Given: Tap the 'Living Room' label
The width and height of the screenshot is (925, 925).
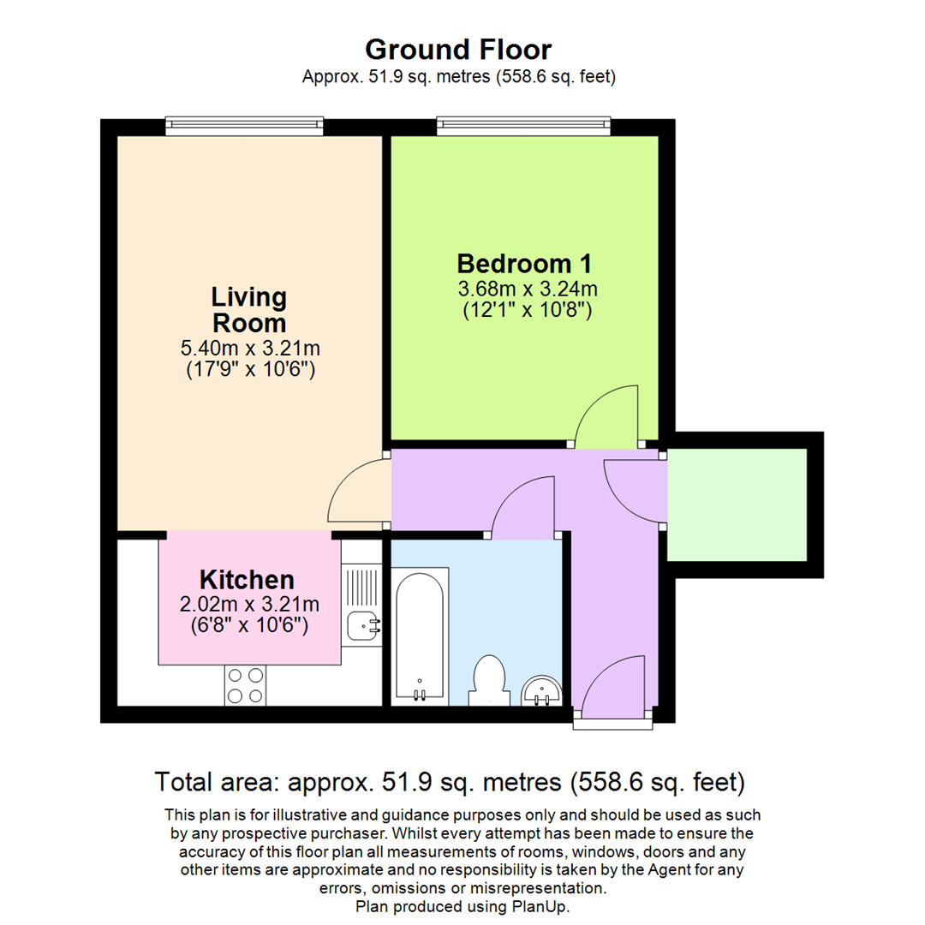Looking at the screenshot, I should tap(248, 311).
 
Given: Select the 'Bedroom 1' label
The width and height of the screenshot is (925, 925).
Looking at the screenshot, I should tap(525, 262).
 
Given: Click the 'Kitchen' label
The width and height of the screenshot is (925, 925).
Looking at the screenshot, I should tap(247, 580).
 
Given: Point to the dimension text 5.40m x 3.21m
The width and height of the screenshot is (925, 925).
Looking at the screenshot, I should tap(248, 349).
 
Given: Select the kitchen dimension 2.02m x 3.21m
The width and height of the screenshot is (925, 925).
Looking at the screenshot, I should tap(248, 604).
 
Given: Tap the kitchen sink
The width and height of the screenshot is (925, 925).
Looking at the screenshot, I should tap(364, 627).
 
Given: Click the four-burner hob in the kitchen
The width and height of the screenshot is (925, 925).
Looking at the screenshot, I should tap(245, 685).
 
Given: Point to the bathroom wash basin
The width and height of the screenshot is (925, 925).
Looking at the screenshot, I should tap(541, 690).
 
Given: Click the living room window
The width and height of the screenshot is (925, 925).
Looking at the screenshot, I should tap(245, 127).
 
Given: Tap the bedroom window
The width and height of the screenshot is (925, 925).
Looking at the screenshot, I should tap(523, 127).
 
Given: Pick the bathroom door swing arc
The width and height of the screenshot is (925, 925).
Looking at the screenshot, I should tap(519, 505).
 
